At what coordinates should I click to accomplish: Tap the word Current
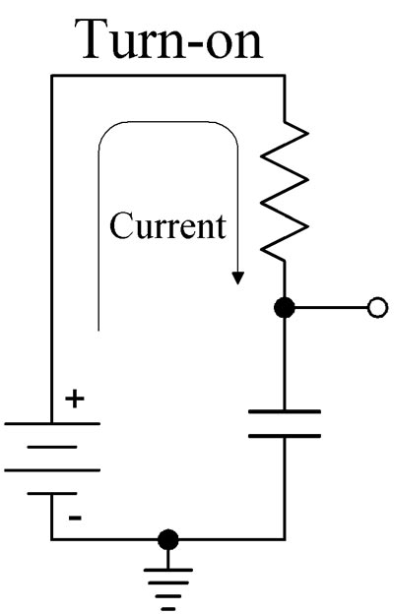pos(167,226)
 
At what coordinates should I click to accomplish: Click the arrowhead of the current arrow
pos(237,278)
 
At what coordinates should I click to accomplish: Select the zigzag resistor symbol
pos(285,191)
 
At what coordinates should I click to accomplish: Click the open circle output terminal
pos(378,308)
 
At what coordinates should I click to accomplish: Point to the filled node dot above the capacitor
pos(285,308)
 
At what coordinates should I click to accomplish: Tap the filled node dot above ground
pos(168,539)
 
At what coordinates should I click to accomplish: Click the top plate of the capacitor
pos(285,411)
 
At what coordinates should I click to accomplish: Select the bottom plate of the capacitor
pos(285,436)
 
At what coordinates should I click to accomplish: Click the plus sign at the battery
pos(75,399)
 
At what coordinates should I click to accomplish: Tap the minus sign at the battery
pos(75,518)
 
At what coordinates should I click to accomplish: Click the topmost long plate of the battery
pos(52,423)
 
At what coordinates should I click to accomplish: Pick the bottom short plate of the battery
pos(52,493)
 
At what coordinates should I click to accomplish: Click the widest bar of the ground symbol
pos(168,570)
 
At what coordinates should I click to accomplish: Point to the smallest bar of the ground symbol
pos(168,608)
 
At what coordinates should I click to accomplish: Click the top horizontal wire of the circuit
pos(167,76)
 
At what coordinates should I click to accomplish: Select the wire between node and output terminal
pos(331,308)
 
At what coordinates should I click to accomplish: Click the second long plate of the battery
pos(52,470)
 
